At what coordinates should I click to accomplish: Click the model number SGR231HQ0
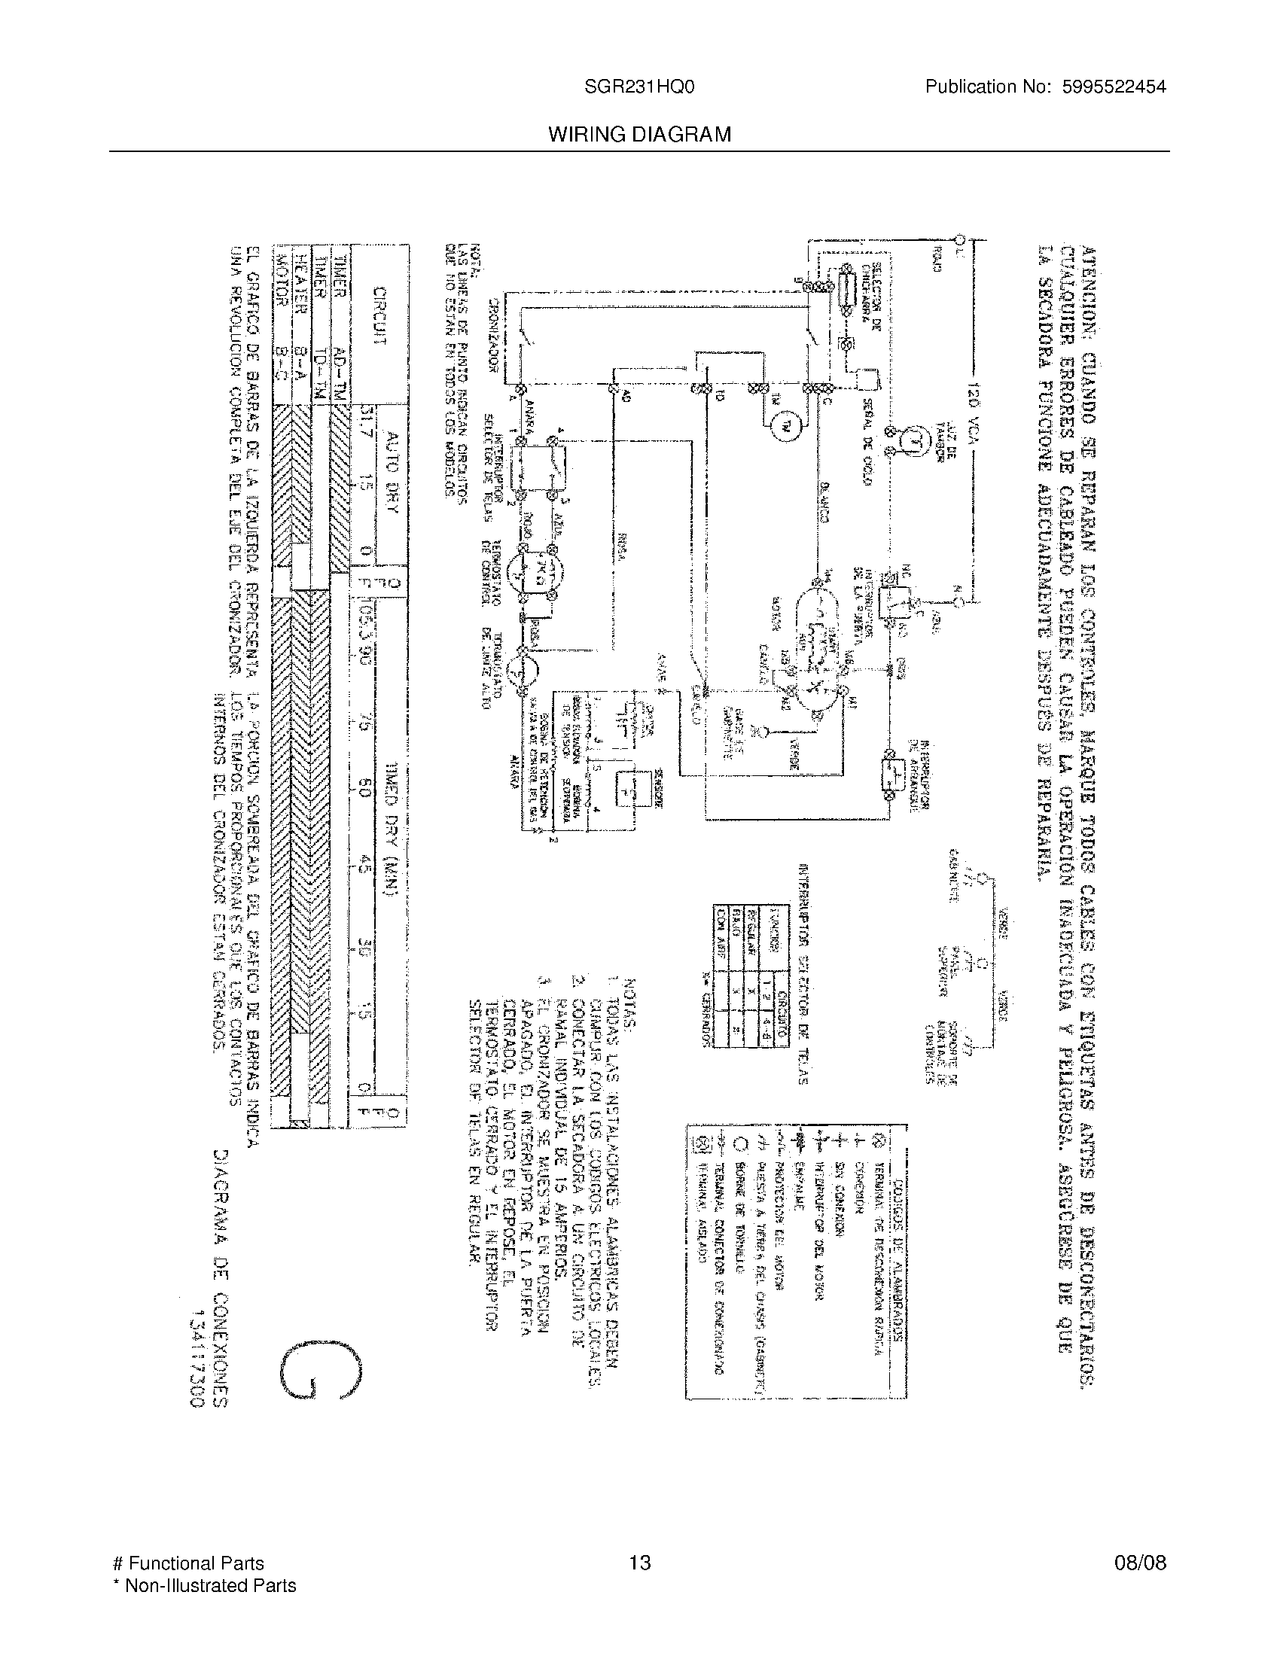638,87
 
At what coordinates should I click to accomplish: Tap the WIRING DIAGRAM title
640,135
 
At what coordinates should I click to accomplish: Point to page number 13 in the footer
640,1563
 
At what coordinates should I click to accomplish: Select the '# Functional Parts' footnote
188,1563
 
